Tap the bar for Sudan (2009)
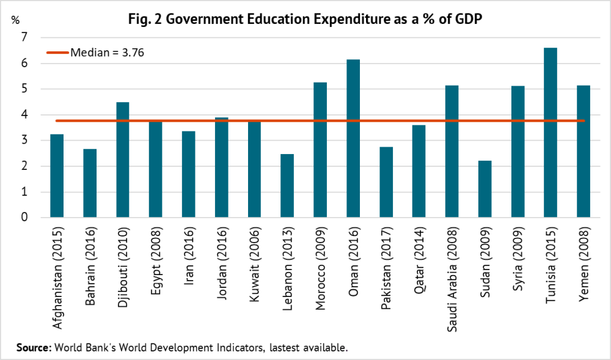[x=485, y=189]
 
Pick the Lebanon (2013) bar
[x=287, y=186]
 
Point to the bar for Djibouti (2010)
[x=123, y=160]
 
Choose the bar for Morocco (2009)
[x=320, y=150]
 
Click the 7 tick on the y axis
[x=24, y=38]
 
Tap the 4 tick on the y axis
[x=24, y=115]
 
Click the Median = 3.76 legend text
[x=108, y=53]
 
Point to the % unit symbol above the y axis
[x=15, y=19]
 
